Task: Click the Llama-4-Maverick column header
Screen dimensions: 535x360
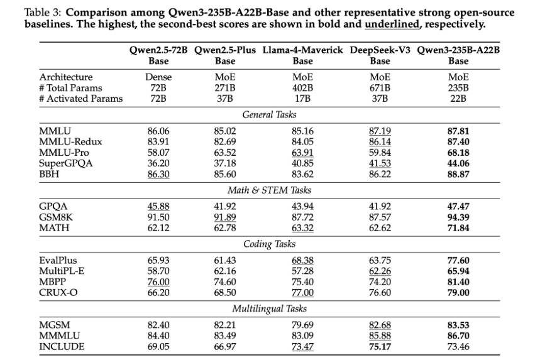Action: click(x=302, y=55)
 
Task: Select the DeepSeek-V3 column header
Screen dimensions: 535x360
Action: click(x=380, y=55)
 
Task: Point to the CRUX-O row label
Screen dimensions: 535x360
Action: click(x=58, y=293)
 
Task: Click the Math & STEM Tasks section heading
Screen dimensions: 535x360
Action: click(x=270, y=190)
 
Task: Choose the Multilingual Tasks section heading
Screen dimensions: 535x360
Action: click(x=270, y=308)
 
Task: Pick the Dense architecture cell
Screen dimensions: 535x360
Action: click(x=158, y=77)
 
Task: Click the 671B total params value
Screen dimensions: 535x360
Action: click(x=380, y=88)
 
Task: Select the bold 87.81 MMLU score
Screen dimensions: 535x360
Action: click(x=458, y=131)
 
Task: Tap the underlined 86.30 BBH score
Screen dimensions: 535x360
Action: click(x=158, y=174)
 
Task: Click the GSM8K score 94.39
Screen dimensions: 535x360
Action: click(x=458, y=217)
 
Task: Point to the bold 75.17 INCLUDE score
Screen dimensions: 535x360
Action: click(x=380, y=347)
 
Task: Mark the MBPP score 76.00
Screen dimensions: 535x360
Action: click(x=158, y=282)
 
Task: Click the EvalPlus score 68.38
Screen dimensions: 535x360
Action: click(x=302, y=261)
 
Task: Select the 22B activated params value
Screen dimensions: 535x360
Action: click(x=458, y=99)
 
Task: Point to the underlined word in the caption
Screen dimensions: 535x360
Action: click(x=392, y=25)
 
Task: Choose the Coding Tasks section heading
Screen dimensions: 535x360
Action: click(x=270, y=244)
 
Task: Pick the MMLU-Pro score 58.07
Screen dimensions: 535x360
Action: click(x=158, y=153)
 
